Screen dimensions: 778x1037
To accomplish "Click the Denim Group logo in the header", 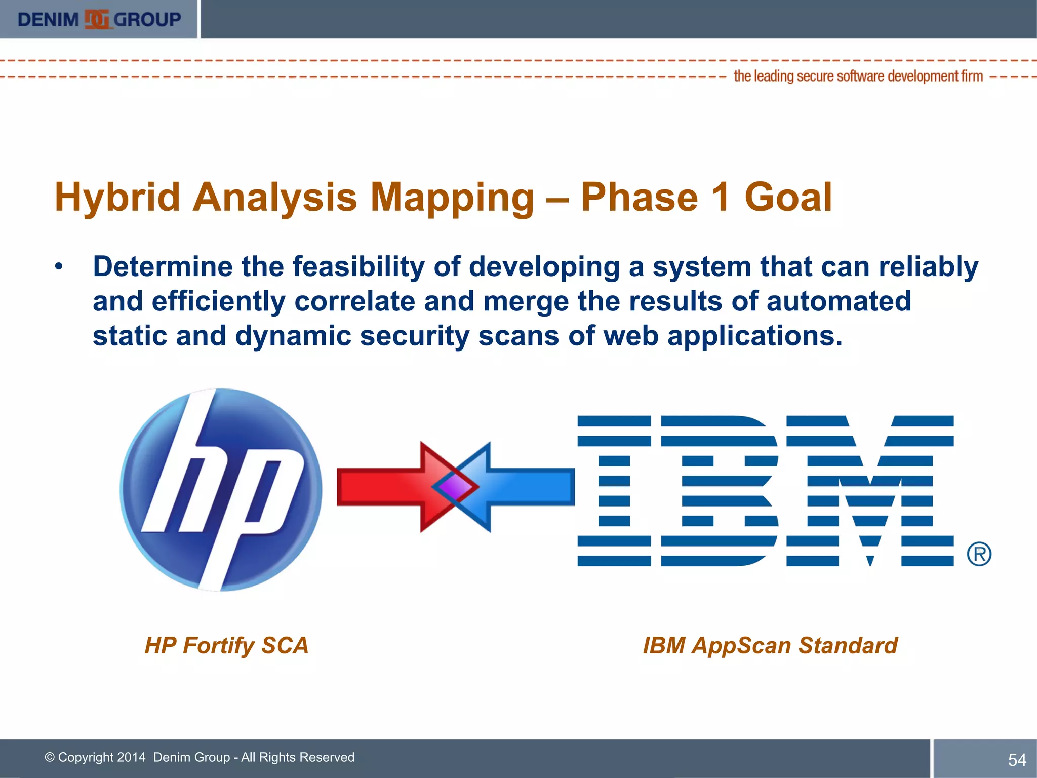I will [x=99, y=19].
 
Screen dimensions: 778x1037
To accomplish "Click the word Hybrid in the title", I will [x=117, y=198].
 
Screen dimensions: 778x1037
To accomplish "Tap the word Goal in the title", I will [x=788, y=198].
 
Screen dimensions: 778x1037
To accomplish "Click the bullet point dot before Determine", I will [x=59, y=267].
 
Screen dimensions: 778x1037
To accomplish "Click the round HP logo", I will [x=221, y=489].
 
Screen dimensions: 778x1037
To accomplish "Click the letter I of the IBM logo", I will [x=614, y=490].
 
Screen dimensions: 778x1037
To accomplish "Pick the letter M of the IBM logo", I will [x=870, y=490].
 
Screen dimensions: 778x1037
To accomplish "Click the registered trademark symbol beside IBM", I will [x=979, y=554].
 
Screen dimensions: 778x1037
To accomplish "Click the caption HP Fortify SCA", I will [x=226, y=646].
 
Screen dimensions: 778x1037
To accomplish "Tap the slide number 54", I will [x=1017, y=760].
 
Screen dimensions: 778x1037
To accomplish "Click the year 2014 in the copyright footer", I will [x=131, y=757].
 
